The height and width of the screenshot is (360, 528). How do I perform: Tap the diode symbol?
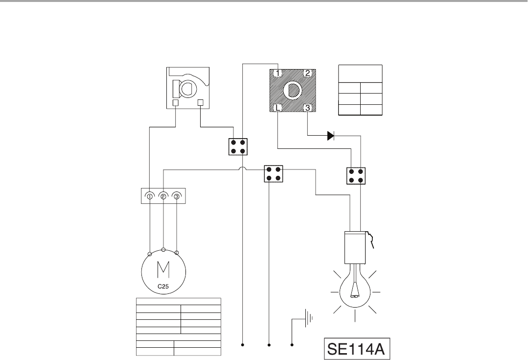(x=331, y=136)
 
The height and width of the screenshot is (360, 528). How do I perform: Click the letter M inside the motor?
(x=163, y=269)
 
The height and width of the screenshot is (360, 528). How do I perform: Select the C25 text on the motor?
(x=163, y=287)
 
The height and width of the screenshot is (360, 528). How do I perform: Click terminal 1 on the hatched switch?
(x=277, y=73)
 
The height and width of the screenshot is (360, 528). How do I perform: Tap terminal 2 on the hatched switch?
(x=307, y=73)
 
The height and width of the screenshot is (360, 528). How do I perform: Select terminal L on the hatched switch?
(x=277, y=108)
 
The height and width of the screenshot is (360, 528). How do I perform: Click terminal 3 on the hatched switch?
(x=307, y=108)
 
